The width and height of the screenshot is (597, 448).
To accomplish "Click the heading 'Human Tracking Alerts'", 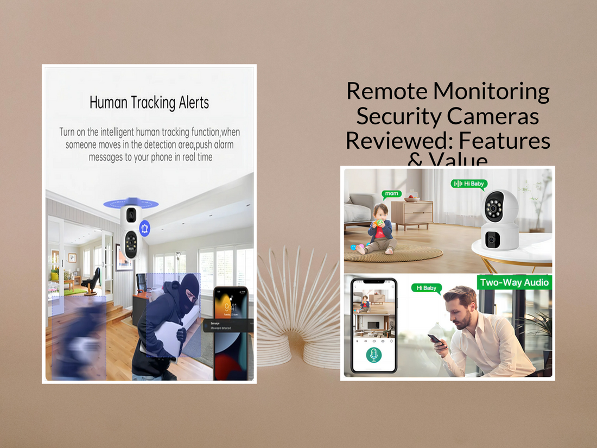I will (149, 103).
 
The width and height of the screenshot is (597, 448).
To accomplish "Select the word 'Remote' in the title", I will (386, 91).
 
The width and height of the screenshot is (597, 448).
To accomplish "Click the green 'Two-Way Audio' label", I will (514, 282).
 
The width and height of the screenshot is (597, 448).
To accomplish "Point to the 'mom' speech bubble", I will (392, 193).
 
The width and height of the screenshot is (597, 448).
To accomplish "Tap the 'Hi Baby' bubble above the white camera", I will (470, 184).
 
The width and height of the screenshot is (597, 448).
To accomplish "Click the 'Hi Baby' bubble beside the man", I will (426, 288).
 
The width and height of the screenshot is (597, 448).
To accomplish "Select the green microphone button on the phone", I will (373, 355).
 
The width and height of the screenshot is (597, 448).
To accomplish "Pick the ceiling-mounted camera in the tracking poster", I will (130, 231).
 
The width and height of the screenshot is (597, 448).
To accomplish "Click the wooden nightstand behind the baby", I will (412, 214).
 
